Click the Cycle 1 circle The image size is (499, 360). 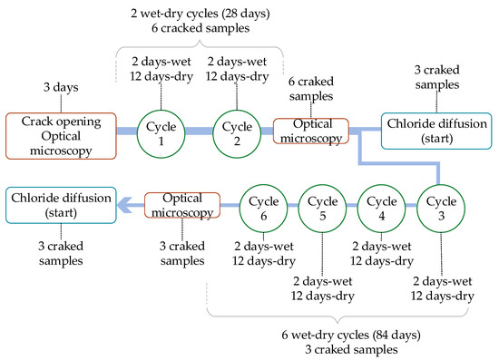[160, 132]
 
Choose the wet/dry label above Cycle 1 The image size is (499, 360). [161, 69]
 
